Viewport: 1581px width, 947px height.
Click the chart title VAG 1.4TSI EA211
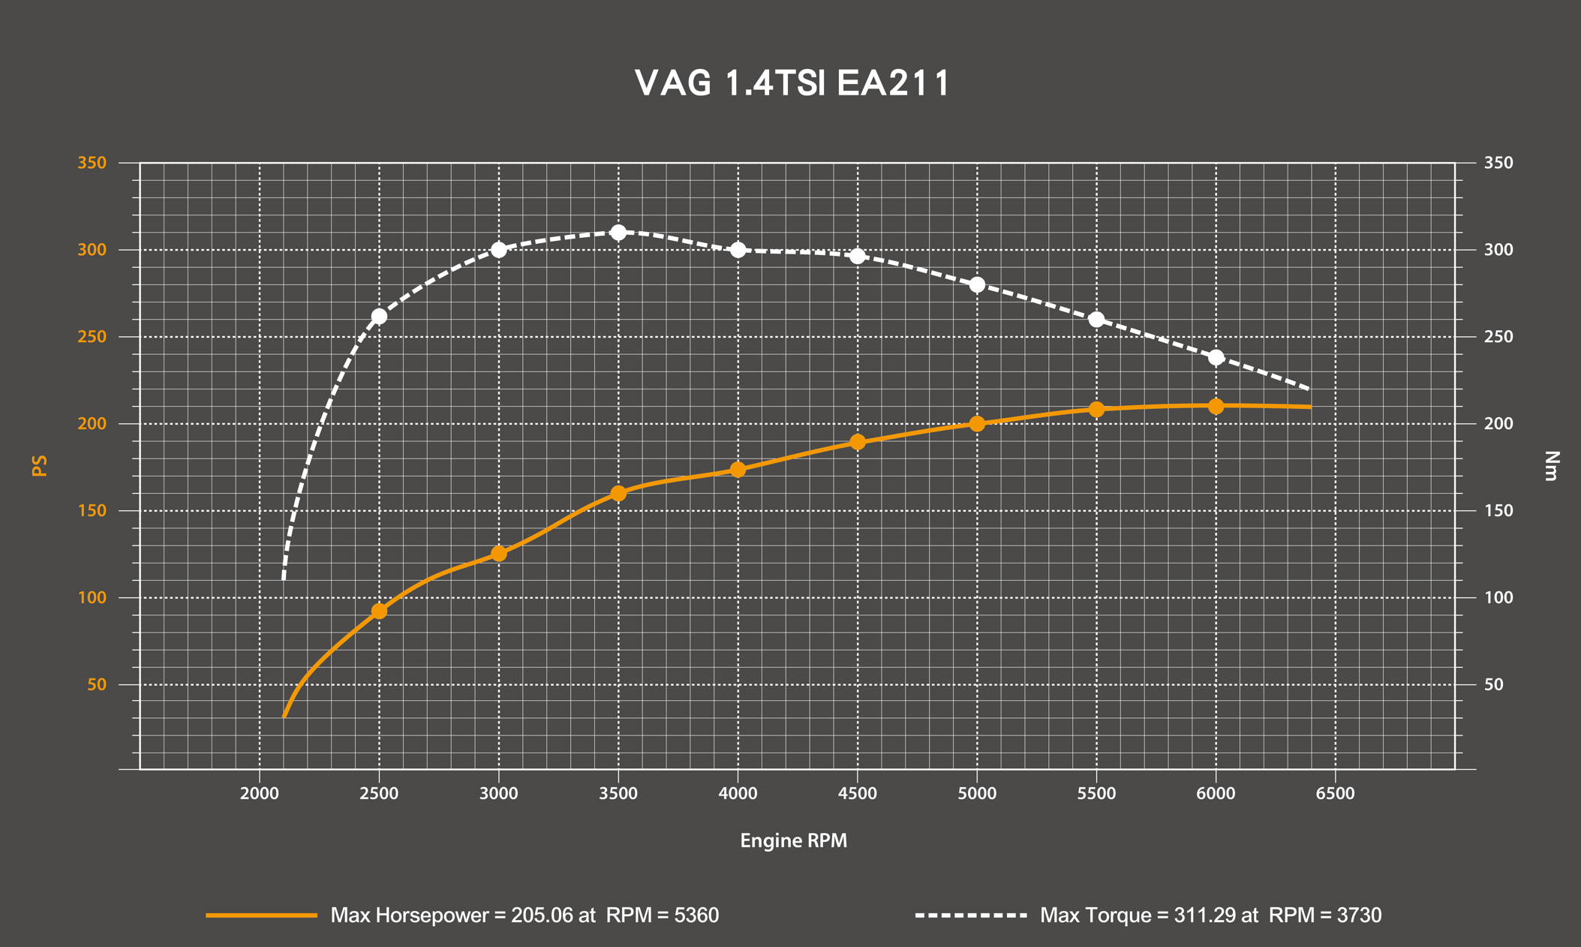(x=792, y=83)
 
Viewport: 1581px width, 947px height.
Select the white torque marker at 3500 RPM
(x=618, y=233)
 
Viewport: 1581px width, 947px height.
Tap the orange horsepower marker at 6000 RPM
(x=1216, y=407)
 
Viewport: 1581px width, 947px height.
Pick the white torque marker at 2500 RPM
(x=379, y=317)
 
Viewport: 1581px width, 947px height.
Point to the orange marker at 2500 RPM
(x=379, y=612)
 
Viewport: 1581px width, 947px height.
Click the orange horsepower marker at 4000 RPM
(x=738, y=470)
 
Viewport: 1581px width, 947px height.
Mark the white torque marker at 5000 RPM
(x=977, y=285)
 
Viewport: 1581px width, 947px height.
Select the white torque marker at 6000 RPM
(x=1216, y=357)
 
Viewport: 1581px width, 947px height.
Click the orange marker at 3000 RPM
(x=499, y=554)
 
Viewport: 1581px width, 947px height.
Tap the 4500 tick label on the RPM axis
(x=857, y=794)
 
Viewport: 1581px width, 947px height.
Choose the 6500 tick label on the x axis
(x=1335, y=794)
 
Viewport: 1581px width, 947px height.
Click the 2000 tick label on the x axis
(x=260, y=794)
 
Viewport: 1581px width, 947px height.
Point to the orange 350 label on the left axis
(x=92, y=163)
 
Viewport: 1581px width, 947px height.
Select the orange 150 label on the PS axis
(x=92, y=511)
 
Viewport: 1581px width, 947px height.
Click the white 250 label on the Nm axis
(x=1498, y=337)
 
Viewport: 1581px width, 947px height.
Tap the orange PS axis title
(x=40, y=465)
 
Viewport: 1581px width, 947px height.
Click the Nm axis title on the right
(x=1552, y=465)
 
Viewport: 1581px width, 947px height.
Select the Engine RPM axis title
(x=793, y=840)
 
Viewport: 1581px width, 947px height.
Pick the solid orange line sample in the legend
(x=261, y=915)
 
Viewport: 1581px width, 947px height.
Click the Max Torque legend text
(x=1210, y=915)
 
